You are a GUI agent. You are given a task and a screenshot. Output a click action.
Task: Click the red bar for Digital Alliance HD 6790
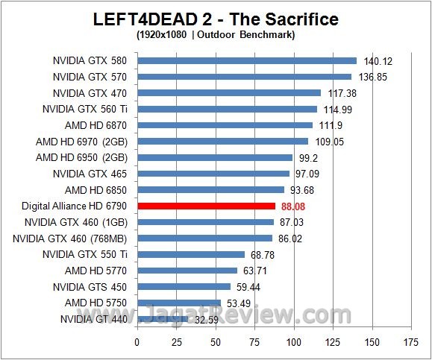[206, 206]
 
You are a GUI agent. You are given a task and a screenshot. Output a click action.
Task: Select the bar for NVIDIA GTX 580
[247, 60]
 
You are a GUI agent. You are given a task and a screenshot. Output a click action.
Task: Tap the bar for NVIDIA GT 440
[162, 319]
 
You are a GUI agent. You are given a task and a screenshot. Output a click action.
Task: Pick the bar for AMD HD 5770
[187, 271]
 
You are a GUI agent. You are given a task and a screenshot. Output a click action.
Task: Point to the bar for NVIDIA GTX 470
[228, 93]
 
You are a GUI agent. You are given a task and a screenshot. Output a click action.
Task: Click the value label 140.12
[377, 61]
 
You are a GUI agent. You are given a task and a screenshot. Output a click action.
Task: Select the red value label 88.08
[294, 206]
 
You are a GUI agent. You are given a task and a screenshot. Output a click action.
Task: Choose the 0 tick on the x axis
[137, 342]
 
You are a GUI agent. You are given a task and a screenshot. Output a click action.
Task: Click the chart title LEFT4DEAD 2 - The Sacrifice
[216, 19]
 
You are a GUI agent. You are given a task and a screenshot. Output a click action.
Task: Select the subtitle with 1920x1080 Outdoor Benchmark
[215, 34]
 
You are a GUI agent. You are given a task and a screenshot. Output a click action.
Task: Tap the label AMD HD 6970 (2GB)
[81, 142]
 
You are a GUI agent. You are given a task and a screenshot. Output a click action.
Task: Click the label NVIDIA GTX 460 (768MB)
[69, 239]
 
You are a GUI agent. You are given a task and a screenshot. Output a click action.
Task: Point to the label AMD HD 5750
[96, 303]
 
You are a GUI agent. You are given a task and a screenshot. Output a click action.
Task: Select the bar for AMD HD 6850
[210, 190]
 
